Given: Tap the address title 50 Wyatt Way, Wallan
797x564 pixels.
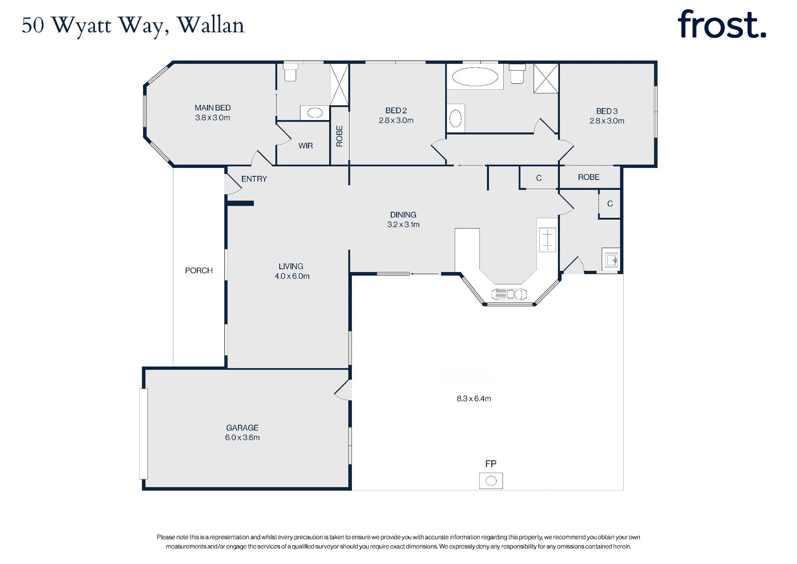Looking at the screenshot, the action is (x=133, y=26).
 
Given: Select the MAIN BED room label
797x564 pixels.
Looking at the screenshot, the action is (x=212, y=108).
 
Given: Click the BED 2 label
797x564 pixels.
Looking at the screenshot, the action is (x=396, y=110).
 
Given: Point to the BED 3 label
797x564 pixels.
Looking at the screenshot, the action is (x=607, y=111).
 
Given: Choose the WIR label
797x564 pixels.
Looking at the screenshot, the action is (x=306, y=146).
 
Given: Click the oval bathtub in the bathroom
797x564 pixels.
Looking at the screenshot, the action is (x=475, y=77).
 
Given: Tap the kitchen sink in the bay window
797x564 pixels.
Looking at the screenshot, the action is (x=509, y=294).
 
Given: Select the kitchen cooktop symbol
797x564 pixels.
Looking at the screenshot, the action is (x=548, y=240).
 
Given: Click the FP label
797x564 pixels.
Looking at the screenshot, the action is (x=491, y=464).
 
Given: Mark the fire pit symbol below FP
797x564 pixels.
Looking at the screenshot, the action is (x=491, y=481).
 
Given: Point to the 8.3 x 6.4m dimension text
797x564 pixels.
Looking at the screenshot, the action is (x=474, y=398).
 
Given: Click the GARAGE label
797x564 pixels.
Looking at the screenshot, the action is (x=242, y=428).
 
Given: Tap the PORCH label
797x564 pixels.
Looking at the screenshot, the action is (x=199, y=270).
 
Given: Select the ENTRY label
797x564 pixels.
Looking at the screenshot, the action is (x=254, y=179).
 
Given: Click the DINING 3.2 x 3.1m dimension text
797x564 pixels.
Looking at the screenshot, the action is (x=403, y=225).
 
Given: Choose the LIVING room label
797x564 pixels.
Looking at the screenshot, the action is (x=291, y=266).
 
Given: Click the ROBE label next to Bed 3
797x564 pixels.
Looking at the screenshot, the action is (x=589, y=177).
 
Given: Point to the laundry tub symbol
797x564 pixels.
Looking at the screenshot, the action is (x=611, y=260).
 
